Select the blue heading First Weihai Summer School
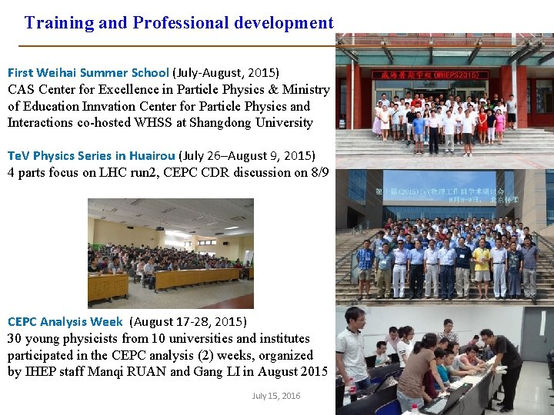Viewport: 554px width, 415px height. [x=88, y=73]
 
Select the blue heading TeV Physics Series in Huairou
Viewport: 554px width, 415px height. [x=92, y=156]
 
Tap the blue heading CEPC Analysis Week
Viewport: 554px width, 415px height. [x=65, y=321]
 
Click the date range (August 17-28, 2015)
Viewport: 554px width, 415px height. [x=189, y=321]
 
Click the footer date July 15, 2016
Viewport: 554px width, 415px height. [x=276, y=396]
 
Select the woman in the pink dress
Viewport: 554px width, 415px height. [x=499, y=123]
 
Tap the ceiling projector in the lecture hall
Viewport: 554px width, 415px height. [x=159, y=227]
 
